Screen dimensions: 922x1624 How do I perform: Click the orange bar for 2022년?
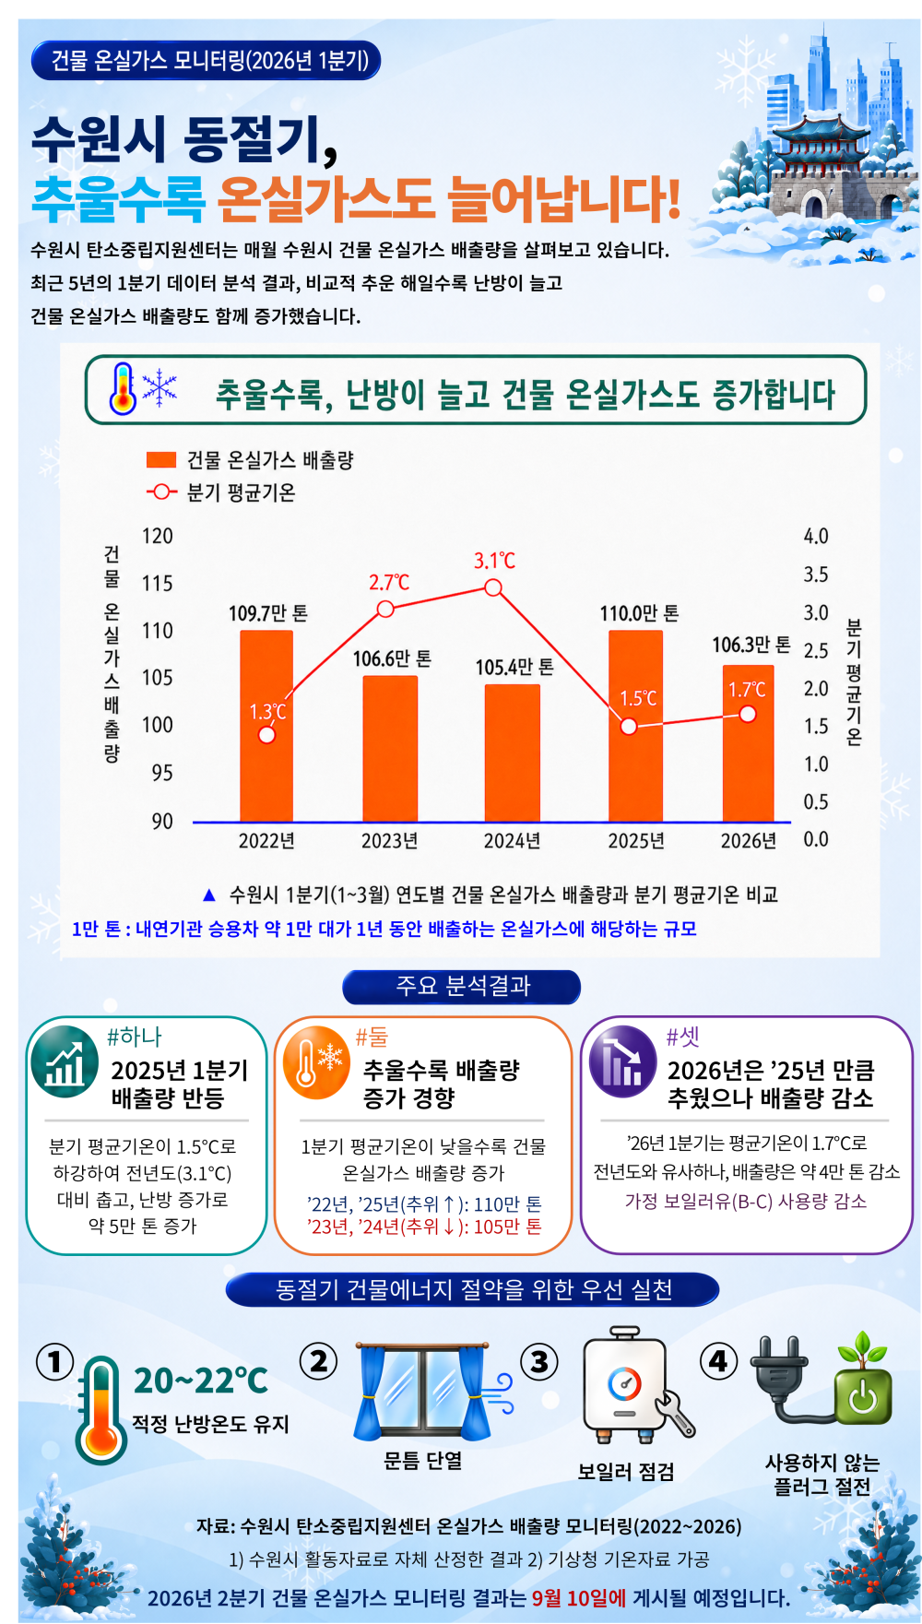[266, 726]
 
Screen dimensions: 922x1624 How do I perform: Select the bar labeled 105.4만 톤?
[513, 753]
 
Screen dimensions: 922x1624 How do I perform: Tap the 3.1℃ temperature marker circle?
[493, 587]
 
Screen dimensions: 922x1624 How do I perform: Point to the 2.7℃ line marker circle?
[385, 609]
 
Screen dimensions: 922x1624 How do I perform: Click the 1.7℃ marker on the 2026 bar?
[748, 714]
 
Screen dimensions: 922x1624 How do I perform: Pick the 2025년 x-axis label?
[636, 841]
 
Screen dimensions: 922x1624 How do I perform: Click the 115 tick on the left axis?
[157, 584]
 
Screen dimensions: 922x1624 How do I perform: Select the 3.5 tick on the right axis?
[816, 575]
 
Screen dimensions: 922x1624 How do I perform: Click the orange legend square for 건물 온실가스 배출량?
[161, 460]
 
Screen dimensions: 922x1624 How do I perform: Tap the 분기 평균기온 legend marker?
[161, 492]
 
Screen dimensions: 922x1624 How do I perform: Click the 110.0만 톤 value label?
[639, 613]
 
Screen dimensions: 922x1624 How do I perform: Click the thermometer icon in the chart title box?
[123, 388]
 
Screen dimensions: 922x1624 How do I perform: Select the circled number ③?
[539, 1361]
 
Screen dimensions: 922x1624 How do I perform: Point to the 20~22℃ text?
[201, 1381]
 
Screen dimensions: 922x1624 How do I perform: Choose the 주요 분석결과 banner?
[462, 987]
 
